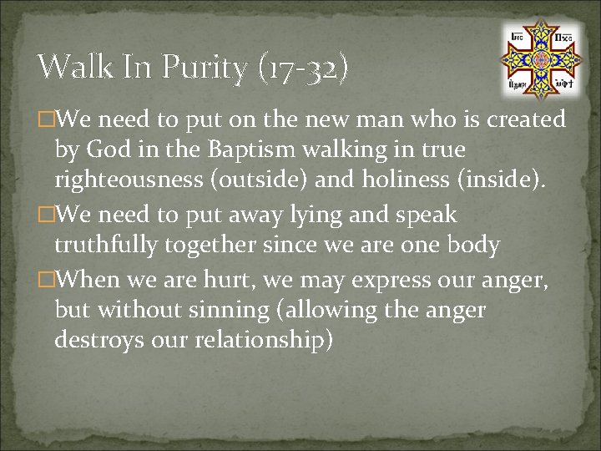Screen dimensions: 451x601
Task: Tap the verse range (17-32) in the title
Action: click(x=301, y=67)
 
